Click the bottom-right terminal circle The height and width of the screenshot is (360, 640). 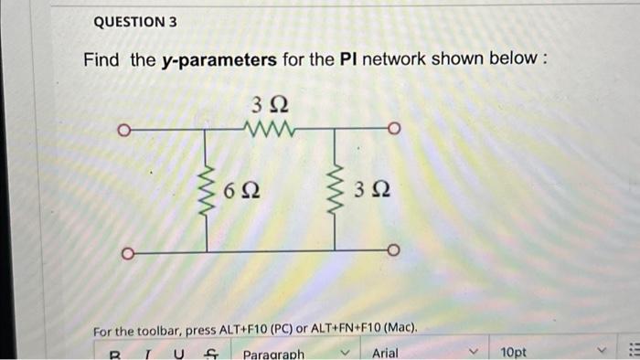click(x=394, y=250)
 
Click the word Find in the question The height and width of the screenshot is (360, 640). click(x=103, y=60)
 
